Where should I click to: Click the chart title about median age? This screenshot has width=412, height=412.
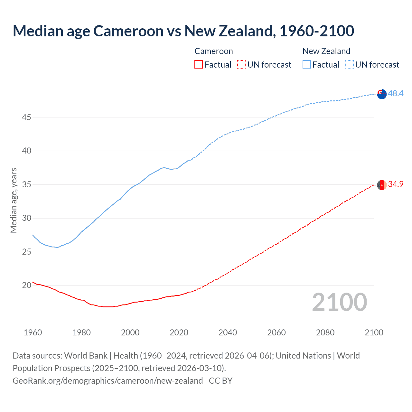coord(183,31)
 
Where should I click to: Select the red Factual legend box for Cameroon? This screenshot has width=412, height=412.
coord(199,65)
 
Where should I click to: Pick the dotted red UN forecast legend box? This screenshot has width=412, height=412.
coord(241,65)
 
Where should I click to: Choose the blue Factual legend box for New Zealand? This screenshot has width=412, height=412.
coord(306,65)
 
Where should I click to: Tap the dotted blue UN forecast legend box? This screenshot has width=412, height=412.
coord(349,65)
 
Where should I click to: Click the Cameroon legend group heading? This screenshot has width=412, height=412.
coord(213,51)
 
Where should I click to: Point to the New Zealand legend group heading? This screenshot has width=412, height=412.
coord(326,51)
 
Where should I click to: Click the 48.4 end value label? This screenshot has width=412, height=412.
coord(396,93)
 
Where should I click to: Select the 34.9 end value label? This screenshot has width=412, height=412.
coord(396,184)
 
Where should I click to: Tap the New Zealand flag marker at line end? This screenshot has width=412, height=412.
coord(382,94)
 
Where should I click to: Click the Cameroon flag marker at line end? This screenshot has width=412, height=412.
coord(382,185)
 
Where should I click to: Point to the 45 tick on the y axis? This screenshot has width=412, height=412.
coord(26,117)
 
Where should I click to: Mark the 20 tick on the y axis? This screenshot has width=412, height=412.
coord(26,285)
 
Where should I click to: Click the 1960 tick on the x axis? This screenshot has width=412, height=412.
coord(33,332)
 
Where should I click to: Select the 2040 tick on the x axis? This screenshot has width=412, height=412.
coord(228,332)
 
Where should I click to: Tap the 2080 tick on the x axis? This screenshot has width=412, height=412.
coord(325,332)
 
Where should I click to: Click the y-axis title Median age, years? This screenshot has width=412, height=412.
coord(14,200)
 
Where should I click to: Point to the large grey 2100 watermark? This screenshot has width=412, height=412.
coord(339,302)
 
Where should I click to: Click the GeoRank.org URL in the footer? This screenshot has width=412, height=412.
coord(108,381)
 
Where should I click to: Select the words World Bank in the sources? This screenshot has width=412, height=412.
coord(86,356)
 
